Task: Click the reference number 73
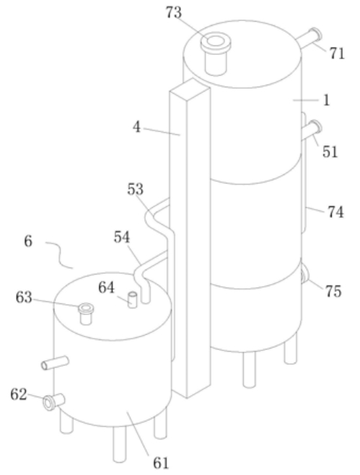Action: coord(174,13)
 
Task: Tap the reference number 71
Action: coord(337,53)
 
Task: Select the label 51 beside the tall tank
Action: coord(330,151)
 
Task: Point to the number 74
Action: coord(335,212)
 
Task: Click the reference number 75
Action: coord(333,291)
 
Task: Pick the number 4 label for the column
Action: coord(137,127)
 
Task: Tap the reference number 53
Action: coord(135,189)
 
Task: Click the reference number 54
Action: coord(122,237)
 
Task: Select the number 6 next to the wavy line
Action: coord(28,241)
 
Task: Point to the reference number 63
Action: coord(24,298)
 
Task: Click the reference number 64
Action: coord(107,288)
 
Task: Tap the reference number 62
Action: coord(19,395)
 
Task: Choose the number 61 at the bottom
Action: coord(161,463)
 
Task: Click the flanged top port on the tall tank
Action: coord(216,55)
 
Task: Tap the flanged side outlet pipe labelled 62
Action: coord(53,402)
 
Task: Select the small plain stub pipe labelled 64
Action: coord(132,300)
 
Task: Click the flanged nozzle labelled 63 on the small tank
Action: coord(86,314)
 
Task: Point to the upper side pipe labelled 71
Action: coord(309,37)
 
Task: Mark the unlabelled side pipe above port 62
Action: coord(55,363)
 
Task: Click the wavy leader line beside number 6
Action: coord(60,254)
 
